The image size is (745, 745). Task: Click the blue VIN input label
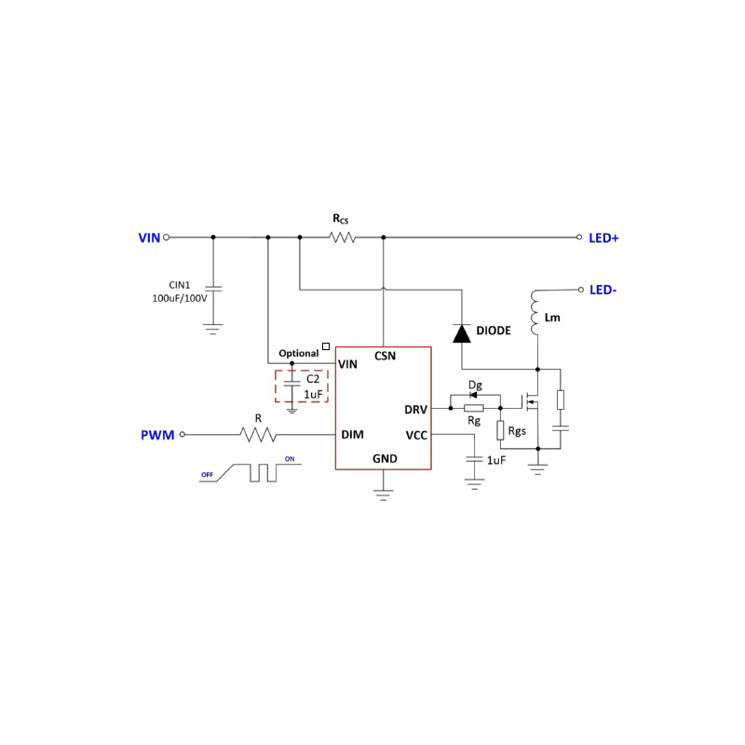click(149, 237)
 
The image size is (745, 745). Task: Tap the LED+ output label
click(603, 238)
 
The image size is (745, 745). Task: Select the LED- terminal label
click(603, 290)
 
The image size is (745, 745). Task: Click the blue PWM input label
click(157, 435)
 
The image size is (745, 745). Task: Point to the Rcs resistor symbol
click(343, 237)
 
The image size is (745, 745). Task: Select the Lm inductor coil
click(536, 314)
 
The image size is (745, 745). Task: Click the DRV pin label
click(415, 409)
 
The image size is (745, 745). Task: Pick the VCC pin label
click(416, 435)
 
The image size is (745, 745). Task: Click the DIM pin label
click(352, 435)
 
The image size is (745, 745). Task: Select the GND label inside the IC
click(385, 458)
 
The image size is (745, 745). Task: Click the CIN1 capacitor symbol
click(212, 291)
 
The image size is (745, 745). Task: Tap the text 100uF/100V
click(180, 299)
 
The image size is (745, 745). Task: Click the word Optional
click(298, 354)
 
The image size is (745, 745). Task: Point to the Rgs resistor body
click(500, 430)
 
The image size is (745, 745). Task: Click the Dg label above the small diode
click(475, 385)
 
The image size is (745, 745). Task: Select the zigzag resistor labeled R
click(258, 435)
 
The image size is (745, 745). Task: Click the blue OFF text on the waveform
click(207, 474)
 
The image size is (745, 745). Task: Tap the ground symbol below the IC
click(381, 493)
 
